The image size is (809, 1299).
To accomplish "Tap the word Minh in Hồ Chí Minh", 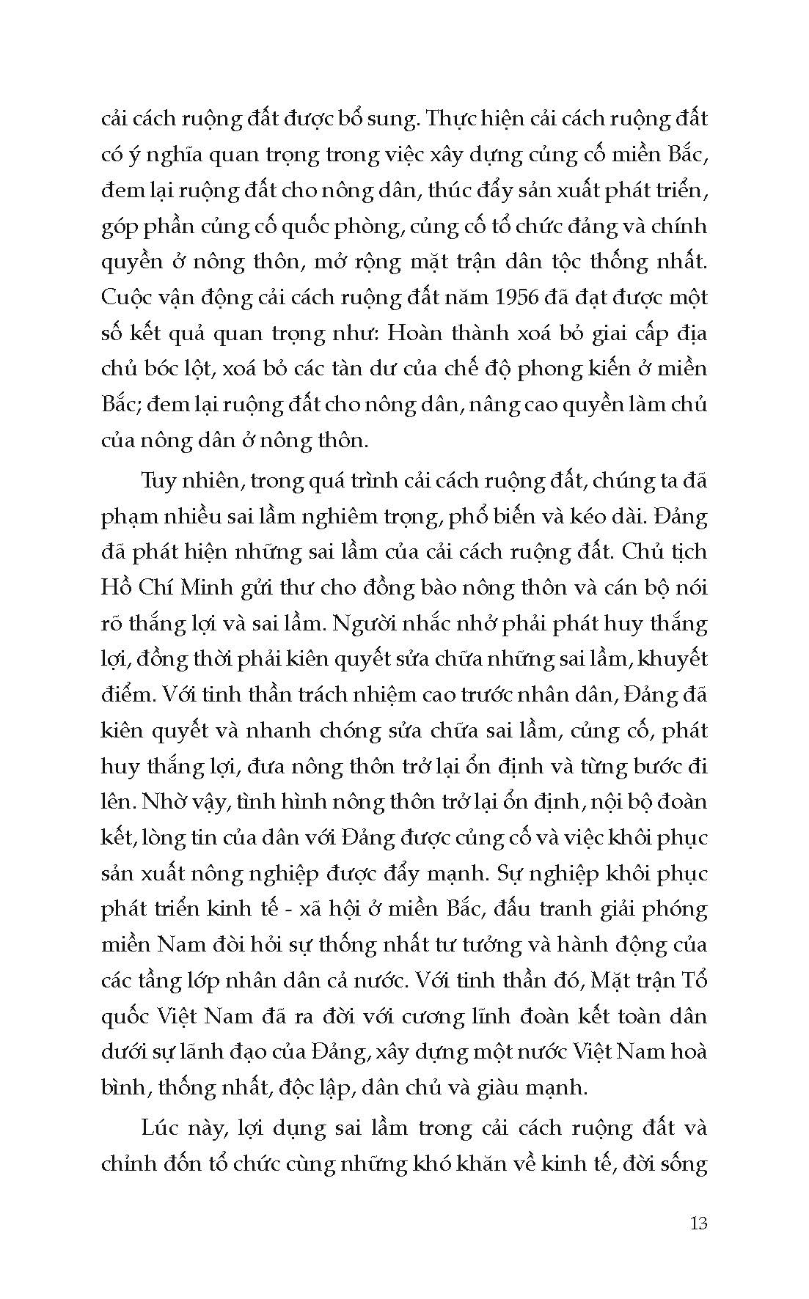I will [213, 588].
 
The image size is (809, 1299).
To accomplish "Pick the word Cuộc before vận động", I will [126, 298].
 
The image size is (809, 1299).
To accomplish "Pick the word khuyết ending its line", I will [673, 659].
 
